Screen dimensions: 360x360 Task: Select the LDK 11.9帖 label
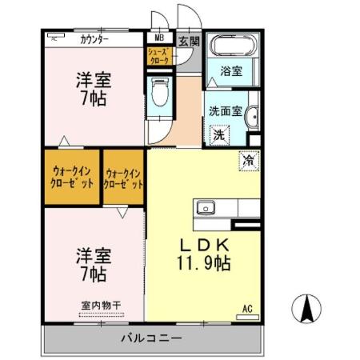click(x=204, y=254)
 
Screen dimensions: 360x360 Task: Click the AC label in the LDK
click(x=247, y=307)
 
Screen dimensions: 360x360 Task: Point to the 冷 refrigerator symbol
click(x=250, y=160)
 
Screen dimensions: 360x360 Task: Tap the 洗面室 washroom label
click(x=225, y=112)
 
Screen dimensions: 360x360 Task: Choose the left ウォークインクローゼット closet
click(x=73, y=176)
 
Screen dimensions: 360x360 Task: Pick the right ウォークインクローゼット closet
click(x=124, y=177)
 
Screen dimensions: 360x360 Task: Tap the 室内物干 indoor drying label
click(x=101, y=305)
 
